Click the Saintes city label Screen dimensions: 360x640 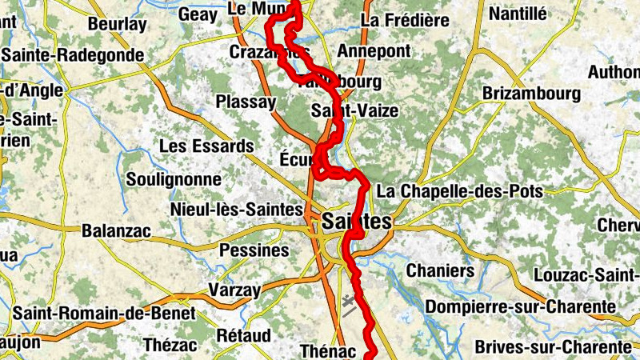coord(357,222)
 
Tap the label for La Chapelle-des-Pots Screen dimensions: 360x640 coord(459,192)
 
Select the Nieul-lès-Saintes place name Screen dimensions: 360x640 coord(236,210)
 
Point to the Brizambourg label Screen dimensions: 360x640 coord(531,94)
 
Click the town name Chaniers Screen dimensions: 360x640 coord(440,270)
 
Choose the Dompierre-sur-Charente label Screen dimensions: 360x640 coord(521,306)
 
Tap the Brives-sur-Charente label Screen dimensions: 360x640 coord(552,346)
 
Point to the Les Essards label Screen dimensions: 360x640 coord(206,146)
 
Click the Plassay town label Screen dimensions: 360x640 coord(246,102)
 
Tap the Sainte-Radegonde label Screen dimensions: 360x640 coord(74,55)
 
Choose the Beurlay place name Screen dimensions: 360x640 coord(118,24)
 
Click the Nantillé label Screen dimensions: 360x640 coord(518,14)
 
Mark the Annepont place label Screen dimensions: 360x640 coord(374,51)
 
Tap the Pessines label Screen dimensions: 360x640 coord(253,250)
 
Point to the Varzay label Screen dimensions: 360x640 coord(235,289)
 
